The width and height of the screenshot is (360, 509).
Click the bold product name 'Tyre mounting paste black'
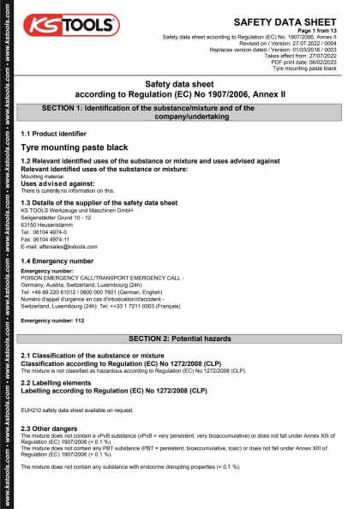(x=74, y=147)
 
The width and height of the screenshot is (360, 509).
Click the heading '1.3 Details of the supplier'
(x=99, y=202)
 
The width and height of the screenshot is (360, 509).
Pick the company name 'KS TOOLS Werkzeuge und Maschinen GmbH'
(x=75, y=210)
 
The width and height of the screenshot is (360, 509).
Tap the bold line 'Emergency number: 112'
(x=52, y=320)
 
